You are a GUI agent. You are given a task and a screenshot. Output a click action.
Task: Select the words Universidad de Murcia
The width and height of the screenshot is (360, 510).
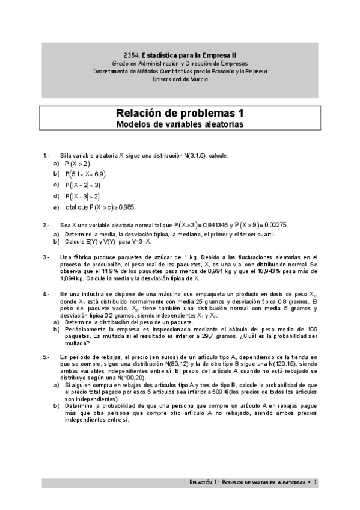click(180, 79)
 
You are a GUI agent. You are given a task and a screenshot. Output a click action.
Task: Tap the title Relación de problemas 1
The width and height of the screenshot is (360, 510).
click(180, 114)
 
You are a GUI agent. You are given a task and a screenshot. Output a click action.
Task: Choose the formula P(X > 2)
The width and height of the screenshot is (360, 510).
click(78, 164)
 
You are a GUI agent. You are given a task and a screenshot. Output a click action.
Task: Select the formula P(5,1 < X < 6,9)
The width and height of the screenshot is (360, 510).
click(89, 174)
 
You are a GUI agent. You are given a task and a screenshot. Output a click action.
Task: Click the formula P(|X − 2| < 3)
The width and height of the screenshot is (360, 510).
click(83, 185)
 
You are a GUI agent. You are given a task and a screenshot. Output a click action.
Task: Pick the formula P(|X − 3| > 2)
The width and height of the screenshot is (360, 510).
click(83, 196)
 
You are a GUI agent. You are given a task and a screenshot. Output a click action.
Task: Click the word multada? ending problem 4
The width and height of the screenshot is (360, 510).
click(78, 343)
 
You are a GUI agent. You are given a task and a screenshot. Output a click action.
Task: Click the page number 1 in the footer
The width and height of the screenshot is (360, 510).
click(315, 482)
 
